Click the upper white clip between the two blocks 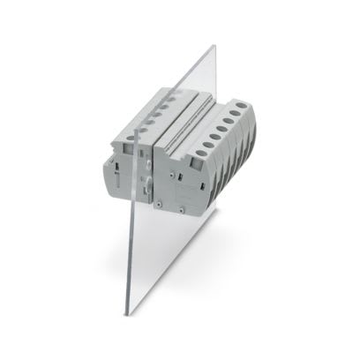pos(146,152)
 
